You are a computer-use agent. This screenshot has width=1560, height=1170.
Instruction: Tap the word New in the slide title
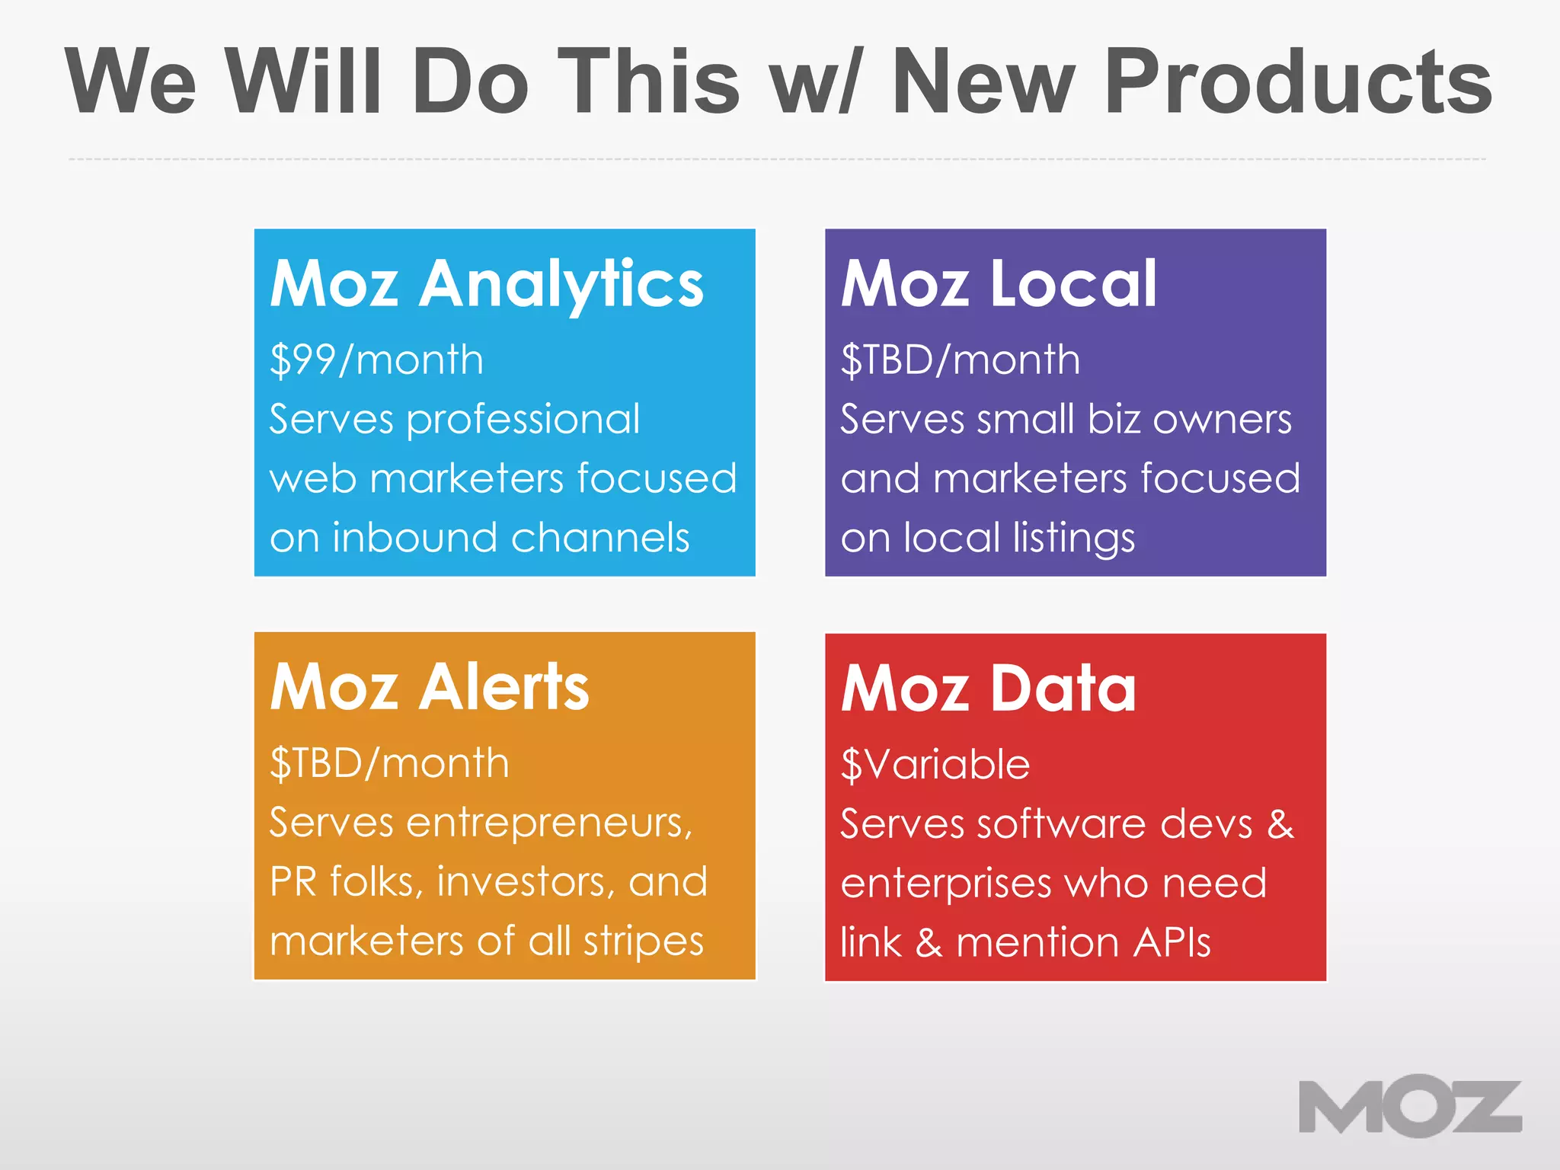click(983, 82)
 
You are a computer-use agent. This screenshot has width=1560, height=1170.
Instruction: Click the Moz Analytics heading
click(487, 284)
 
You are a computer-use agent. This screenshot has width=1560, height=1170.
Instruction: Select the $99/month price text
click(376, 360)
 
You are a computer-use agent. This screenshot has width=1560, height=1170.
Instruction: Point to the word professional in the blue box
click(523, 420)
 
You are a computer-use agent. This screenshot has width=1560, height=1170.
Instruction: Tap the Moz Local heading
click(999, 284)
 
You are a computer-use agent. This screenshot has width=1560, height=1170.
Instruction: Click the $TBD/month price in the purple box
click(960, 360)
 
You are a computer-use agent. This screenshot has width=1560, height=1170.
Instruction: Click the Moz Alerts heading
click(430, 688)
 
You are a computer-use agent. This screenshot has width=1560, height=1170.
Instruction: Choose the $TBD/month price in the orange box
click(389, 763)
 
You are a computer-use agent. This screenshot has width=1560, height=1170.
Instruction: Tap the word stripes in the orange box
click(643, 942)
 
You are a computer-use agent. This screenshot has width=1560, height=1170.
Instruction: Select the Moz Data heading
click(988, 689)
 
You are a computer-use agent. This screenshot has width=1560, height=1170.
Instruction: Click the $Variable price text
click(935, 765)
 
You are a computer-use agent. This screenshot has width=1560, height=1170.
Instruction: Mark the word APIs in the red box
click(1172, 943)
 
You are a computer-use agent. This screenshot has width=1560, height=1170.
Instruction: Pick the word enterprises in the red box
click(945, 884)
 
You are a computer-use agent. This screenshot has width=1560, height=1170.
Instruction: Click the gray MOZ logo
click(1409, 1106)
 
